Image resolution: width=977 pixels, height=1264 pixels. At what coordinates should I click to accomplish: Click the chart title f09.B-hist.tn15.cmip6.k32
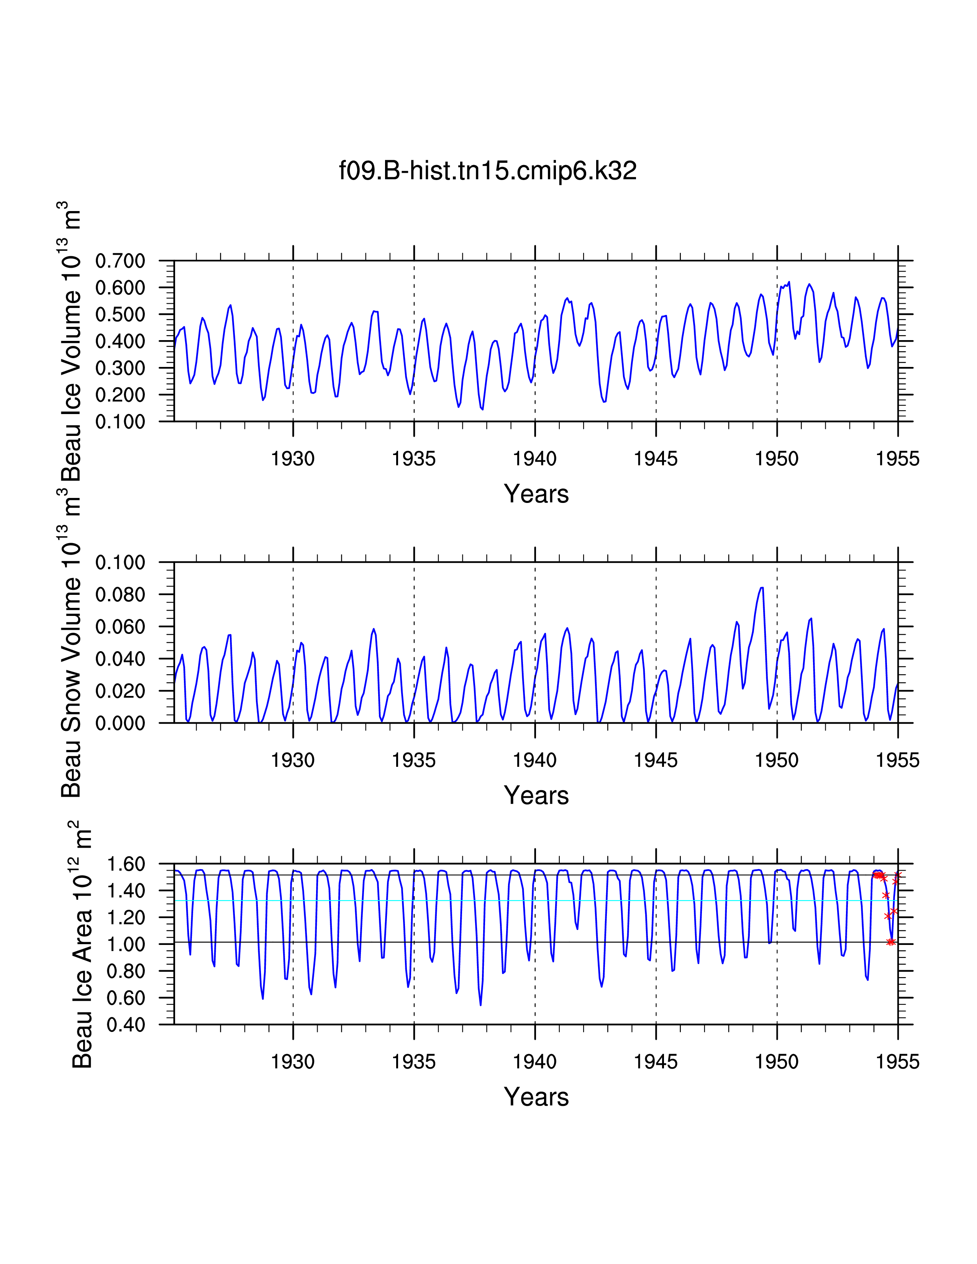pyautogui.click(x=487, y=171)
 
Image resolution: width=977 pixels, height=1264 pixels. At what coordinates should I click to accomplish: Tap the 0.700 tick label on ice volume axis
pyautogui.click(x=120, y=261)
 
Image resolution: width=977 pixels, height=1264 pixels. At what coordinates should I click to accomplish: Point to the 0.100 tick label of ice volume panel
pyautogui.click(x=120, y=422)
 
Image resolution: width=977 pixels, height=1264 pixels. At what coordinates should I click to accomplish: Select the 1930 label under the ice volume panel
pyautogui.click(x=293, y=459)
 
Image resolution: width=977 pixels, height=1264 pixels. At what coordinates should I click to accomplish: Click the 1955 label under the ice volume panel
pyautogui.click(x=897, y=459)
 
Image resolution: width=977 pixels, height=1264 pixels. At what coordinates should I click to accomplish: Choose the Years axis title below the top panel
pyautogui.click(x=536, y=494)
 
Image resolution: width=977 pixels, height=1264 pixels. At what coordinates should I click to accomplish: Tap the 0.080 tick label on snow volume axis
pyautogui.click(x=120, y=594)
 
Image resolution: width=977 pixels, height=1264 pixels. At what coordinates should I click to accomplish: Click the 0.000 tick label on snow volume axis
pyautogui.click(x=120, y=723)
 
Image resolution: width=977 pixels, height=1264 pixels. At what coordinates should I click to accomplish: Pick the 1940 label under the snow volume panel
pyautogui.click(x=535, y=760)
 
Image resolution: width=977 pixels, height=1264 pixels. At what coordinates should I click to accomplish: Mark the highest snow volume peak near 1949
pyautogui.click(x=762, y=588)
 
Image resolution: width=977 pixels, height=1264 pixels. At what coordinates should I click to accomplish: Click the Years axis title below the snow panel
pyautogui.click(x=536, y=795)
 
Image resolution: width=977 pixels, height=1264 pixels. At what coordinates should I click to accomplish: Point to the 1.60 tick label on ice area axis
pyautogui.click(x=126, y=864)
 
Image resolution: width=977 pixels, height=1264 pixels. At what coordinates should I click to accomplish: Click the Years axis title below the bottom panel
pyautogui.click(x=536, y=1097)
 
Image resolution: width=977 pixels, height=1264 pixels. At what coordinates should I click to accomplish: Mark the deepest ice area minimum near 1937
pyautogui.click(x=480, y=1004)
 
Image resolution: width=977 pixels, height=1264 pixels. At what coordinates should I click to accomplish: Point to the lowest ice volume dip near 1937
pyautogui.click(x=482, y=409)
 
